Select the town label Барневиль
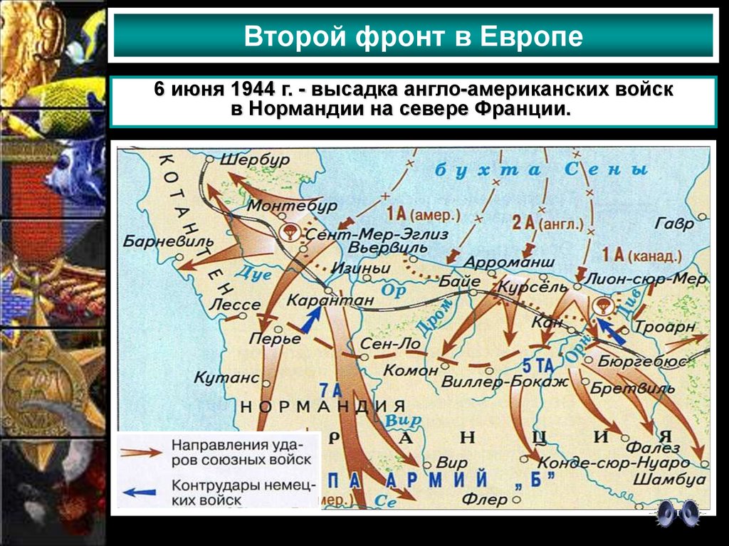click(157, 240)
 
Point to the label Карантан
click(329, 301)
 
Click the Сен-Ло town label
click(391, 344)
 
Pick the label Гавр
click(674, 224)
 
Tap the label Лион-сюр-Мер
click(645, 280)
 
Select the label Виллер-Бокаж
click(505, 382)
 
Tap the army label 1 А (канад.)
click(632, 256)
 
